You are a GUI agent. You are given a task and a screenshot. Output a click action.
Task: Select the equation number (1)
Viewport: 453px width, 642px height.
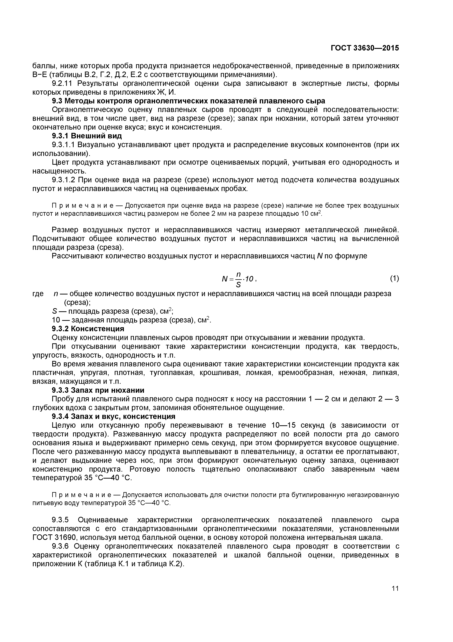[x=394, y=279]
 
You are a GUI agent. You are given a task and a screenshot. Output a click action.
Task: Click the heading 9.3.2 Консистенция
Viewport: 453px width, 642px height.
[x=88, y=329]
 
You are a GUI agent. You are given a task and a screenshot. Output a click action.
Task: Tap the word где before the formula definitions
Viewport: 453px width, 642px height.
[x=38, y=294]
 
